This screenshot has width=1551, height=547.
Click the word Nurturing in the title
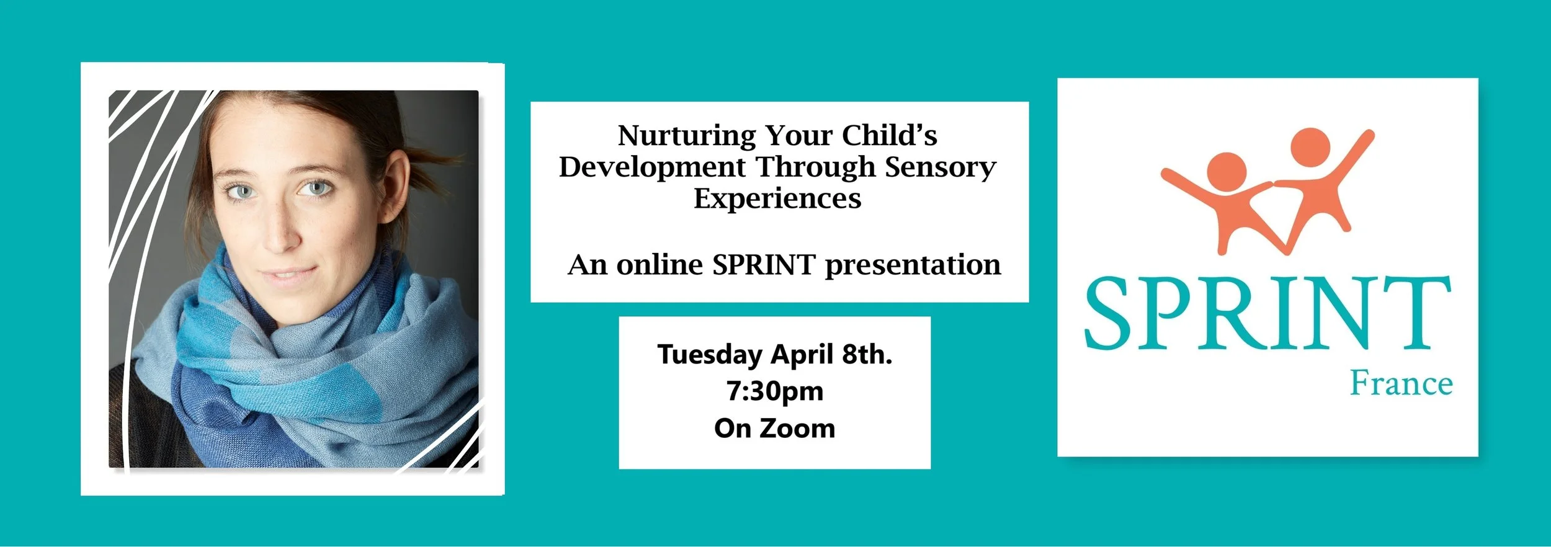(687, 136)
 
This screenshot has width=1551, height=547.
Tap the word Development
(652, 167)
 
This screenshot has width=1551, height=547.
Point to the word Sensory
(940, 168)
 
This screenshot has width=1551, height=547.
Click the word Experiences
(777, 199)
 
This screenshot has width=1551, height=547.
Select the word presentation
(913, 265)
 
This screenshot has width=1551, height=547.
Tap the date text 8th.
(867, 354)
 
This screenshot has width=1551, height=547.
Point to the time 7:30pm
(775, 391)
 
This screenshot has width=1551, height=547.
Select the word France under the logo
(1401, 383)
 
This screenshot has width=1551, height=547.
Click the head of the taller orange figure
(1310, 147)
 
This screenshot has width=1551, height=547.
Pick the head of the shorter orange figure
(1227, 172)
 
